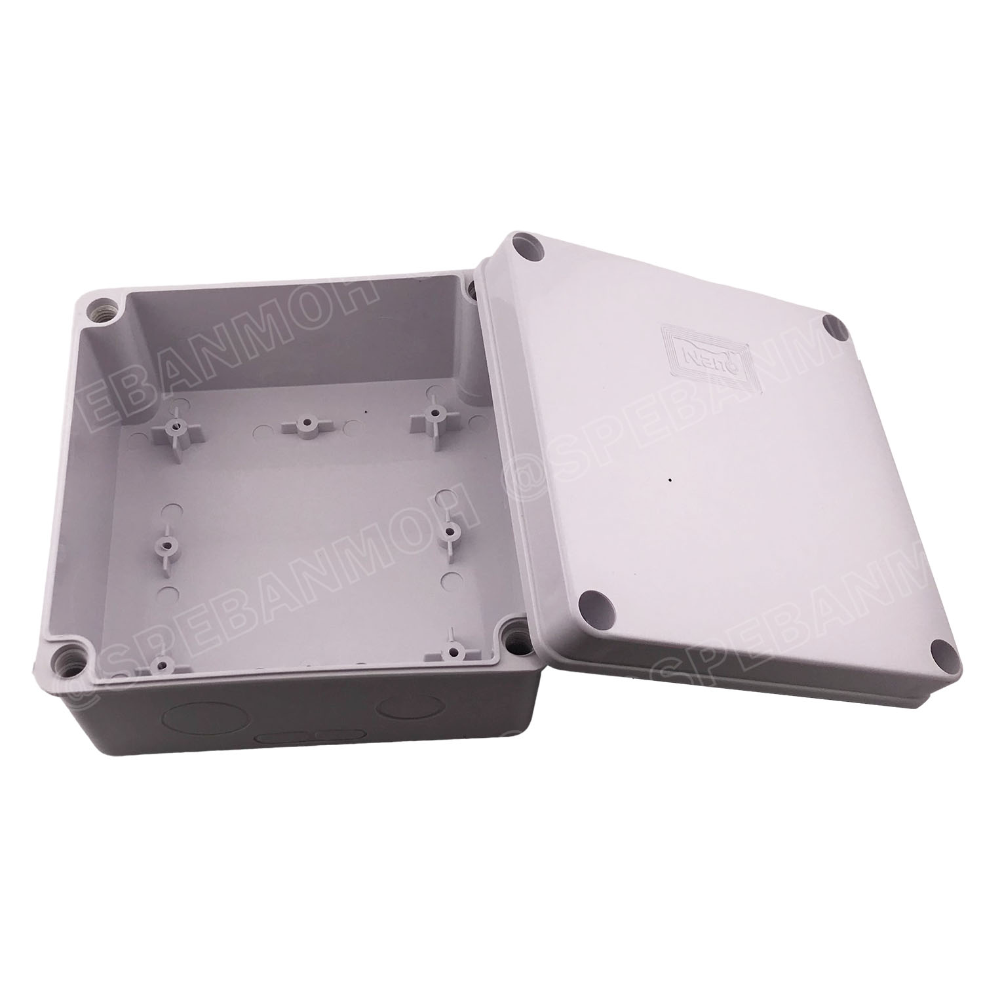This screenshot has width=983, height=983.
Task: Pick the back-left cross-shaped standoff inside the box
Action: pyautogui.click(x=174, y=427)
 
